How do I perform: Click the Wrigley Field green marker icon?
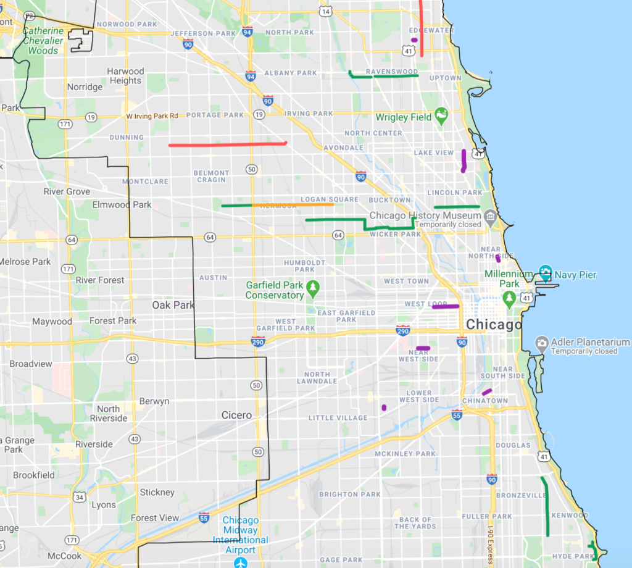(x=441, y=115)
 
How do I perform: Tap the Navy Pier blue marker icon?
(x=545, y=271)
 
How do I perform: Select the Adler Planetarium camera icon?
(x=542, y=343)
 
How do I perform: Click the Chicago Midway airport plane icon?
(x=241, y=562)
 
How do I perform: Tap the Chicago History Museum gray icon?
(x=491, y=216)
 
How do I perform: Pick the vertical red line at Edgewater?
(x=422, y=28)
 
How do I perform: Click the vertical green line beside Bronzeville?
(x=546, y=506)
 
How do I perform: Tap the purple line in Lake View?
(x=464, y=160)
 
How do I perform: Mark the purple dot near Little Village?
(x=384, y=407)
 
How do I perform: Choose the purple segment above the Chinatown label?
(x=487, y=391)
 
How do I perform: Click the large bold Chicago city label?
(x=494, y=325)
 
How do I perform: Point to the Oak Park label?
(x=173, y=305)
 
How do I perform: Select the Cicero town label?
(x=236, y=415)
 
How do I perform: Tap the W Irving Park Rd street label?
(x=152, y=115)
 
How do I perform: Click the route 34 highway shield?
(x=78, y=496)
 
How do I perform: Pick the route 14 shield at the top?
(x=326, y=11)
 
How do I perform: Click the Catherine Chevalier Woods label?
(x=43, y=41)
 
